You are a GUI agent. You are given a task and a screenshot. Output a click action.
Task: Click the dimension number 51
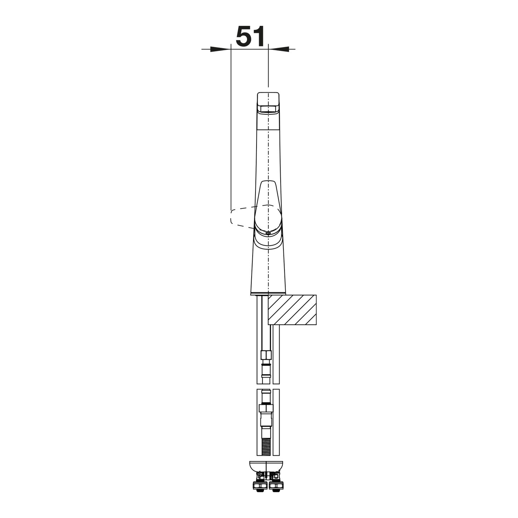tap(250, 36)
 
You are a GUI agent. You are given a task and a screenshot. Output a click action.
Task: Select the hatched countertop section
tap(292, 310)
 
